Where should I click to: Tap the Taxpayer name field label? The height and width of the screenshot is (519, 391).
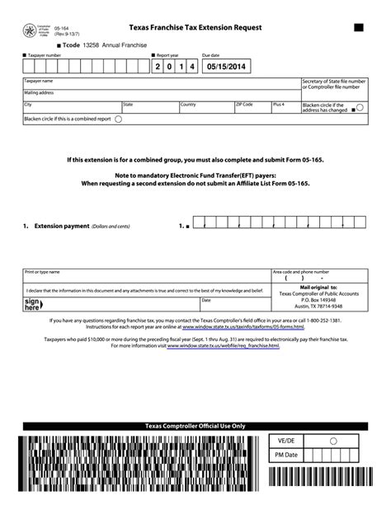38,82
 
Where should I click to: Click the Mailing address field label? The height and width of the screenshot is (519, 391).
39,93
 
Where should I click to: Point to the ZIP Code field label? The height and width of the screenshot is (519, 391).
245,105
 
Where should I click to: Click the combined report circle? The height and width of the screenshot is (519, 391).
118,119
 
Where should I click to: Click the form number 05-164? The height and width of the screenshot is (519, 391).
60,27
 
